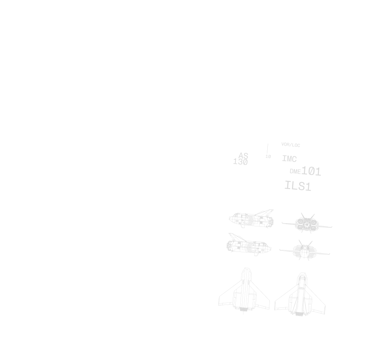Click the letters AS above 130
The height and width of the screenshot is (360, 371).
point(243,156)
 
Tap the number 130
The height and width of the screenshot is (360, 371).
point(241,162)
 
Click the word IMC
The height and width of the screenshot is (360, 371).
point(289,159)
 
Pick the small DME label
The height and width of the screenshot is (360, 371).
point(295,171)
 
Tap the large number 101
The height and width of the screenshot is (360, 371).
point(311,171)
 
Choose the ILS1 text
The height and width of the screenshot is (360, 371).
point(298,186)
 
